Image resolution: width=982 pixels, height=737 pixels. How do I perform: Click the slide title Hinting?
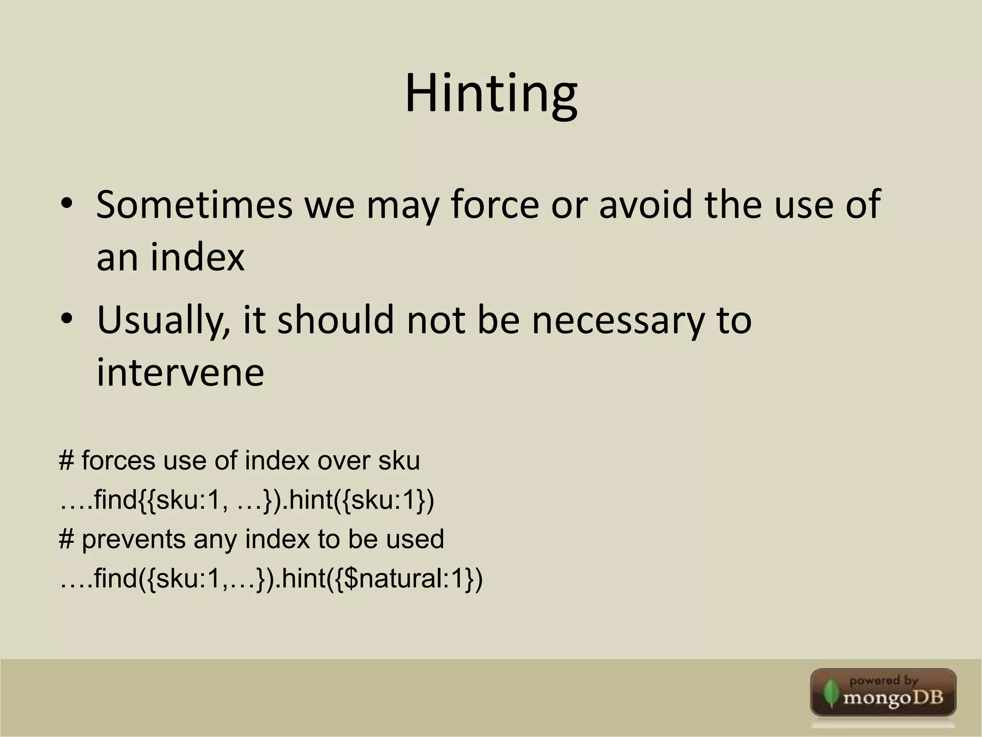point(491,94)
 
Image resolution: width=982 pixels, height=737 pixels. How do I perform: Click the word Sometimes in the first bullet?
point(194,205)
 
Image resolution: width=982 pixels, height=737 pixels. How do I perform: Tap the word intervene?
point(180,373)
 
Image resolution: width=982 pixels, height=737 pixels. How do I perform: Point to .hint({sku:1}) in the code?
point(356,500)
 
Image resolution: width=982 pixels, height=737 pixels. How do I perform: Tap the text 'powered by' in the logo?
point(883,681)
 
